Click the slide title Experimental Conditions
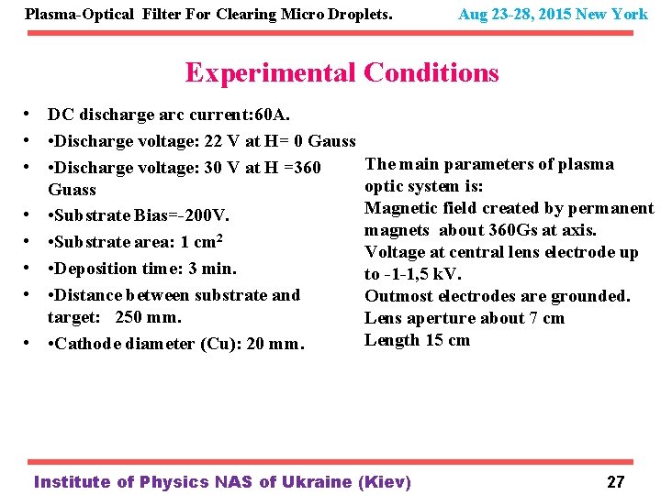(x=342, y=72)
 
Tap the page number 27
(x=615, y=482)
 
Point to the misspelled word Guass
(x=72, y=190)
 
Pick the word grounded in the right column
(x=591, y=296)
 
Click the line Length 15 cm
(x=417, y=340)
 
